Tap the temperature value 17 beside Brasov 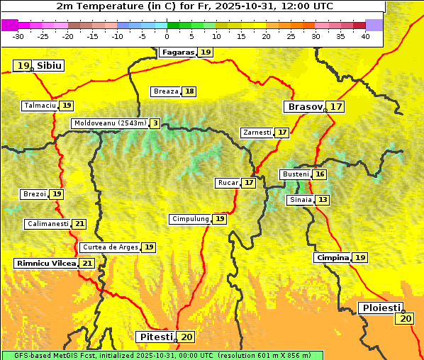tap(336, 107)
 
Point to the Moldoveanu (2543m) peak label tap(110, 123)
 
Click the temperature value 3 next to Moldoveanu tap(155, 123)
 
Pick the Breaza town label tap(166, 91)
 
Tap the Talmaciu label tap(40, 106)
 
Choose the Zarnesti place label tap(257, 133)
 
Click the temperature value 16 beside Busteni tap(320, 174)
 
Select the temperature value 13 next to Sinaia tap(323, 200)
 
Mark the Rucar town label tap(228, 183)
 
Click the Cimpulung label tap(190, 219)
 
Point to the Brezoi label tap(35, 194)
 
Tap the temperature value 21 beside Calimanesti tap(79, 224)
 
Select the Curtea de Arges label tap(110, 247)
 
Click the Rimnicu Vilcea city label tap(45, 264)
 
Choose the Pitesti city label tap(155, 337)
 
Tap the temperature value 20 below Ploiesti tap(406, 319)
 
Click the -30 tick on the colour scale tap(18, 36)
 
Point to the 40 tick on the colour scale tap(365, 36)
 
